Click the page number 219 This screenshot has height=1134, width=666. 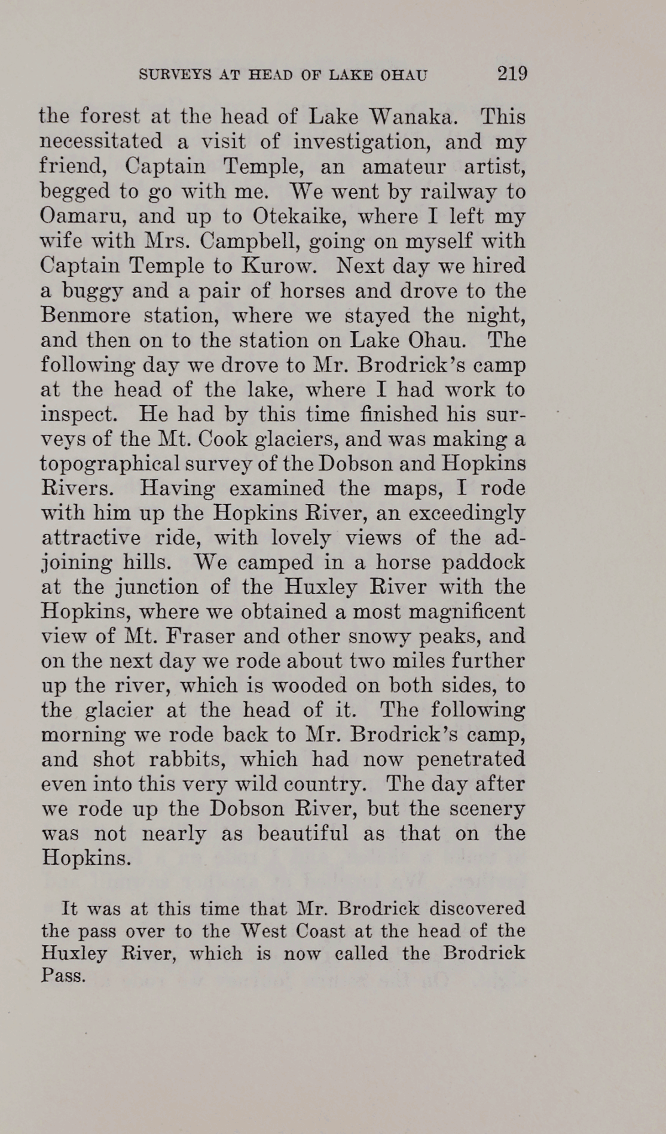coord(511,74)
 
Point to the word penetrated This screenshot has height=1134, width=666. coord(471,759)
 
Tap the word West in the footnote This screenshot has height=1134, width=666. coord(264,931)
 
